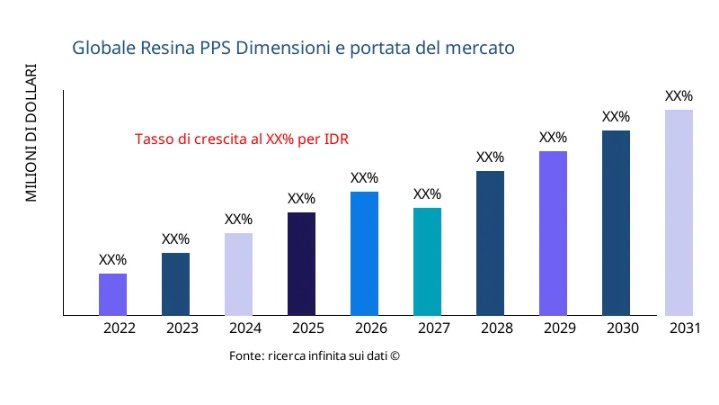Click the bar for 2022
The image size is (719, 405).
tap(112, 294)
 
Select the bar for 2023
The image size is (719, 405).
tap(175, 284)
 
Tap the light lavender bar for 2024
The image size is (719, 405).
tap(238, 274)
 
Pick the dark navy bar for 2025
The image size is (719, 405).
tap(301, 264)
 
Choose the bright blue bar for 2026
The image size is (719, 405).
tap(364, 254)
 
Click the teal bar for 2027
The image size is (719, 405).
tap(427, 262)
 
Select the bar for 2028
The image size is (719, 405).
tap(490, 243)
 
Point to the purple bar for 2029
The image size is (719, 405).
tap(553, 233)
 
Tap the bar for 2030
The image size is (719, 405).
tap(616, 223)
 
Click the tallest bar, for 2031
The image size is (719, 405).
tap(679, 212)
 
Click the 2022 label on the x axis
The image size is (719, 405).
tap(119, 328)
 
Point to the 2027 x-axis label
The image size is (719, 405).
tap(433, 328)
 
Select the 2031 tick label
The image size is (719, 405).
tap(686, 328)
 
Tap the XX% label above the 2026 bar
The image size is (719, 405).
tap(364, 178)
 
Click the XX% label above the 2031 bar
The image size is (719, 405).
tap(679, 96)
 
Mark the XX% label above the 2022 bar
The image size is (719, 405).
tap(112, 260)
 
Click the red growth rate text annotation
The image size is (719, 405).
tap(242, 139)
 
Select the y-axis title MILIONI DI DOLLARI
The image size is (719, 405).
tap(31, 133)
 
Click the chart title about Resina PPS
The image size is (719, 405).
tap(293, 48)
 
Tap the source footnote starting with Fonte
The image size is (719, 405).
tap(314, 356)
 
